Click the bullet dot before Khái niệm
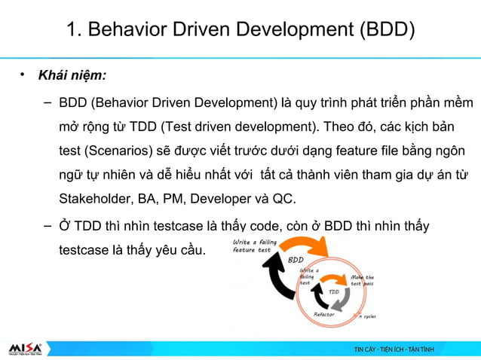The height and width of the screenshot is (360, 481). pyautogui.click(x=23, y=75)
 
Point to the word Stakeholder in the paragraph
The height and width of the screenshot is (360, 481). pyautogui.click(x=96, y=200)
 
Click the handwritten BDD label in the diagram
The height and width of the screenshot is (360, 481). pyautogui.click(x=296, y=260)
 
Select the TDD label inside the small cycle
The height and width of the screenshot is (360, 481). pyautogui.click(x=333, y=292)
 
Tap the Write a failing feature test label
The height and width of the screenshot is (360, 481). pyautogui.click(x=254, y=246)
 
